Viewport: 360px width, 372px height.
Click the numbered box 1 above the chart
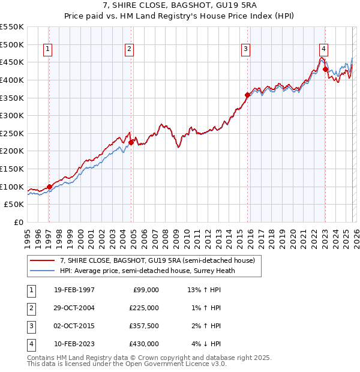[x=47, y=50]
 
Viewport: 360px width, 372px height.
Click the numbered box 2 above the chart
[x=129, y=50]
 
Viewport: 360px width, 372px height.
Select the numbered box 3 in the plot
[x=245, y=50]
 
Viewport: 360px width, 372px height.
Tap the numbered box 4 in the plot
[x=323, y=50]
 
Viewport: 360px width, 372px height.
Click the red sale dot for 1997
[x=49, y=187]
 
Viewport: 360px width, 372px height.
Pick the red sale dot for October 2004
[x=131, y=142]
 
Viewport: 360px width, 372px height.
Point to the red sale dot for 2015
[x=247, y=95]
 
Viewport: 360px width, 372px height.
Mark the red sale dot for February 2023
[x=325, y=69]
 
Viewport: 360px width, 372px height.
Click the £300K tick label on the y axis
[x=12, y=115]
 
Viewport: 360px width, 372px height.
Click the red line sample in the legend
[x=43, y=260]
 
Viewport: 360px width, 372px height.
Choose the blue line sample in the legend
[x=43, y=271]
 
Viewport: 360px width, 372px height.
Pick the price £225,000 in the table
[x=144, y=308]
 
